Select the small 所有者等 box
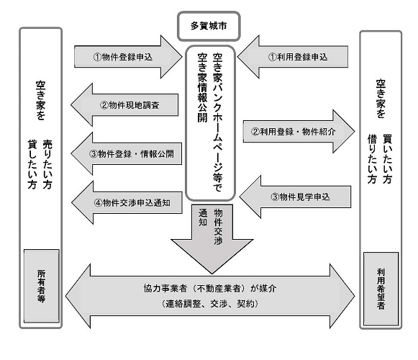tap(40, 282)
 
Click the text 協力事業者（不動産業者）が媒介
tap(209, 287)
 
